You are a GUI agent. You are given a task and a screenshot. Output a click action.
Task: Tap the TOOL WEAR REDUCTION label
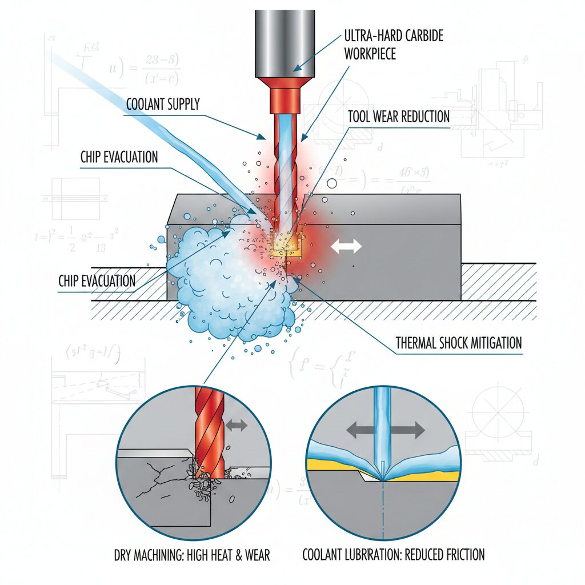click(x=399, y=117)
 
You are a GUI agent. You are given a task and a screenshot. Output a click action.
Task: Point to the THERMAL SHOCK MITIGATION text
click(x=459, y=343)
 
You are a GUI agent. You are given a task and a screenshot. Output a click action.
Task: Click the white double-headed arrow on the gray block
click(x=346, y=246)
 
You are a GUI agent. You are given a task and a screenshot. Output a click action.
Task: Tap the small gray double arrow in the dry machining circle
click(x=236, y=425)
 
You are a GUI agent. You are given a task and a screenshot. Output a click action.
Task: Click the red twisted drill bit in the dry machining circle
click(x=208, y=434)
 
